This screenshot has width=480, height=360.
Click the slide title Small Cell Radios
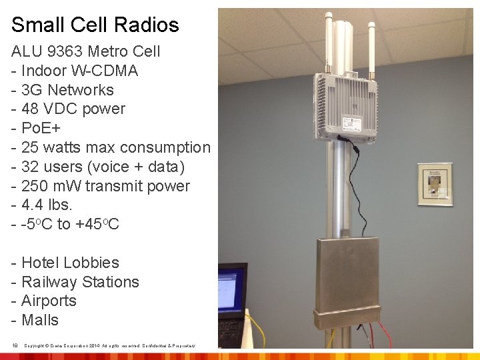[x=95, y=25]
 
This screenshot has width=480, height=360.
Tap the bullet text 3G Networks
[x=67, y=90]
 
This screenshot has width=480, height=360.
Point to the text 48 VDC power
[x=73, y=109]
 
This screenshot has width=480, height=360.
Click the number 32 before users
[x=30, y=167]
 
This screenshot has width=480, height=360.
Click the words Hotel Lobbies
[x=70, y=263]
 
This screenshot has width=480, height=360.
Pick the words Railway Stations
[x=80, y=282]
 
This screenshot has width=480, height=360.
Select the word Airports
[x=49, y=301]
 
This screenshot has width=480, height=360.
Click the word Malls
[x=40, y=320]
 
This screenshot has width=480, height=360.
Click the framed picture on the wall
[x=435, y=183]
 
